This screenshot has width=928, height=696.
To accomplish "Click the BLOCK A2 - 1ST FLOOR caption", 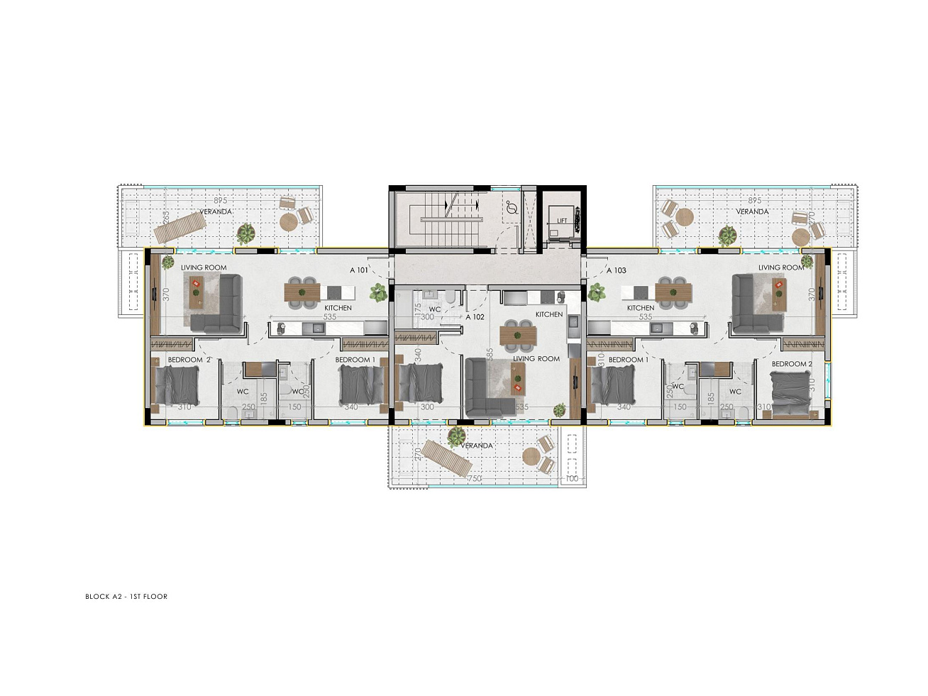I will (x=126, y=597).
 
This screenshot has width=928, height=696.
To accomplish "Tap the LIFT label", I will (x=562, y=221).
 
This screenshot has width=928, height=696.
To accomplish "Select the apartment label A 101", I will (x=359, y=270).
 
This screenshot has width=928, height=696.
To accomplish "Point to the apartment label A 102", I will (x=475, y=317).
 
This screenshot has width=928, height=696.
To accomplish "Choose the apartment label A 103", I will (x=617, y=270).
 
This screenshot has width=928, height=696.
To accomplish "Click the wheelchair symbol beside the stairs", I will (x=512, y=208).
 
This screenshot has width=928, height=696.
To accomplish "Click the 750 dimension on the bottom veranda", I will (x=475, y=479).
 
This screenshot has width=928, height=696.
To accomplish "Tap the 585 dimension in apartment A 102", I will (x=490, y=355).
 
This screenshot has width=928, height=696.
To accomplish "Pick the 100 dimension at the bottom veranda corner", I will (x=572, y=479).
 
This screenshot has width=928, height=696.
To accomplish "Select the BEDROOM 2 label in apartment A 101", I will (x=189, y=360).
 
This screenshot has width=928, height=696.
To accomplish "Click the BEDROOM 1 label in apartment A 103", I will (x=628, y=360).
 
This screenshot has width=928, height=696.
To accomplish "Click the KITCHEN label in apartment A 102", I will (x=549, y=314).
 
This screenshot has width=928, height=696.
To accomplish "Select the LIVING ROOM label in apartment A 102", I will (x=536, y=359).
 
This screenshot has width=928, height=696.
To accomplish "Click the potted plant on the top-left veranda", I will (x=246, y=233).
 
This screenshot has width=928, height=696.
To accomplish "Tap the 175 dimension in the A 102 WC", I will (x=418, y=310).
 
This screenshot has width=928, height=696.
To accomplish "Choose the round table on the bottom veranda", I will (x=531, y=455).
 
